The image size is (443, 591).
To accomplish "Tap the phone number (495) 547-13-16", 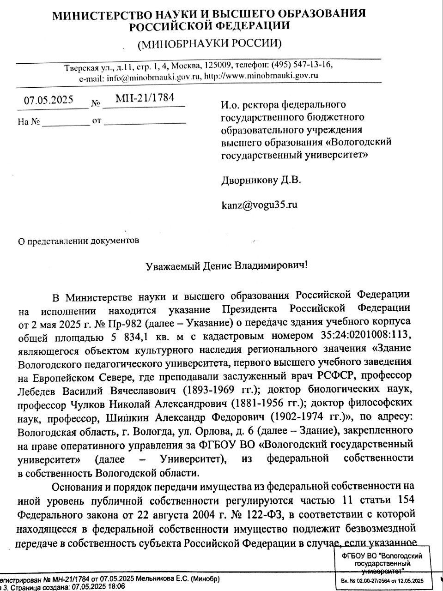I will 302,64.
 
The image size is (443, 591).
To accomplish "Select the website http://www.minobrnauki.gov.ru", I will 261,76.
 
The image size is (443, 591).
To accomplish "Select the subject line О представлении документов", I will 78,241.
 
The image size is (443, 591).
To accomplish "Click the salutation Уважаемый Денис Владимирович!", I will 226,266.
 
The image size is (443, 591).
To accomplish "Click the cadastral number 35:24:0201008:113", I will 364,334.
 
